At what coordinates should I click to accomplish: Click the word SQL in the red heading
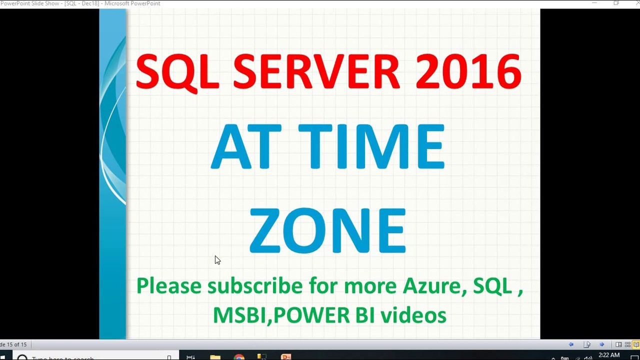[x=177, y=72]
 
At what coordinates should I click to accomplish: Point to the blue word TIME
[x=371, y=147]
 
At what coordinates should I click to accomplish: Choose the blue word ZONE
[x=327, y=231]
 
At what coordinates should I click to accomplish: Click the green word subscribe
[x=254, y=286]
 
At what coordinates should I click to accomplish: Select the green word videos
[x=413, y=315]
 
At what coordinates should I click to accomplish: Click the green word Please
[x=168, y=286]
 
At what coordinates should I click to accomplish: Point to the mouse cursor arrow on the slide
[x=217, y=259]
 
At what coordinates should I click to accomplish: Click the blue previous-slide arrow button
[x=571, y=344]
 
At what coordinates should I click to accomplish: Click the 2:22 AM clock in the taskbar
[x=608, y=355]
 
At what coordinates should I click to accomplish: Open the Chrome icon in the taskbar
[x=239, y=357]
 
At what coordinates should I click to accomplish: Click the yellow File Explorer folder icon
[x=215, y=357]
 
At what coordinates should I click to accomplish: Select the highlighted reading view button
[x=636, y=344]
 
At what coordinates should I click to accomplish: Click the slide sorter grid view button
[x=627, y=344]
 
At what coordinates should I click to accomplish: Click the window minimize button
[x=594, y=3]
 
